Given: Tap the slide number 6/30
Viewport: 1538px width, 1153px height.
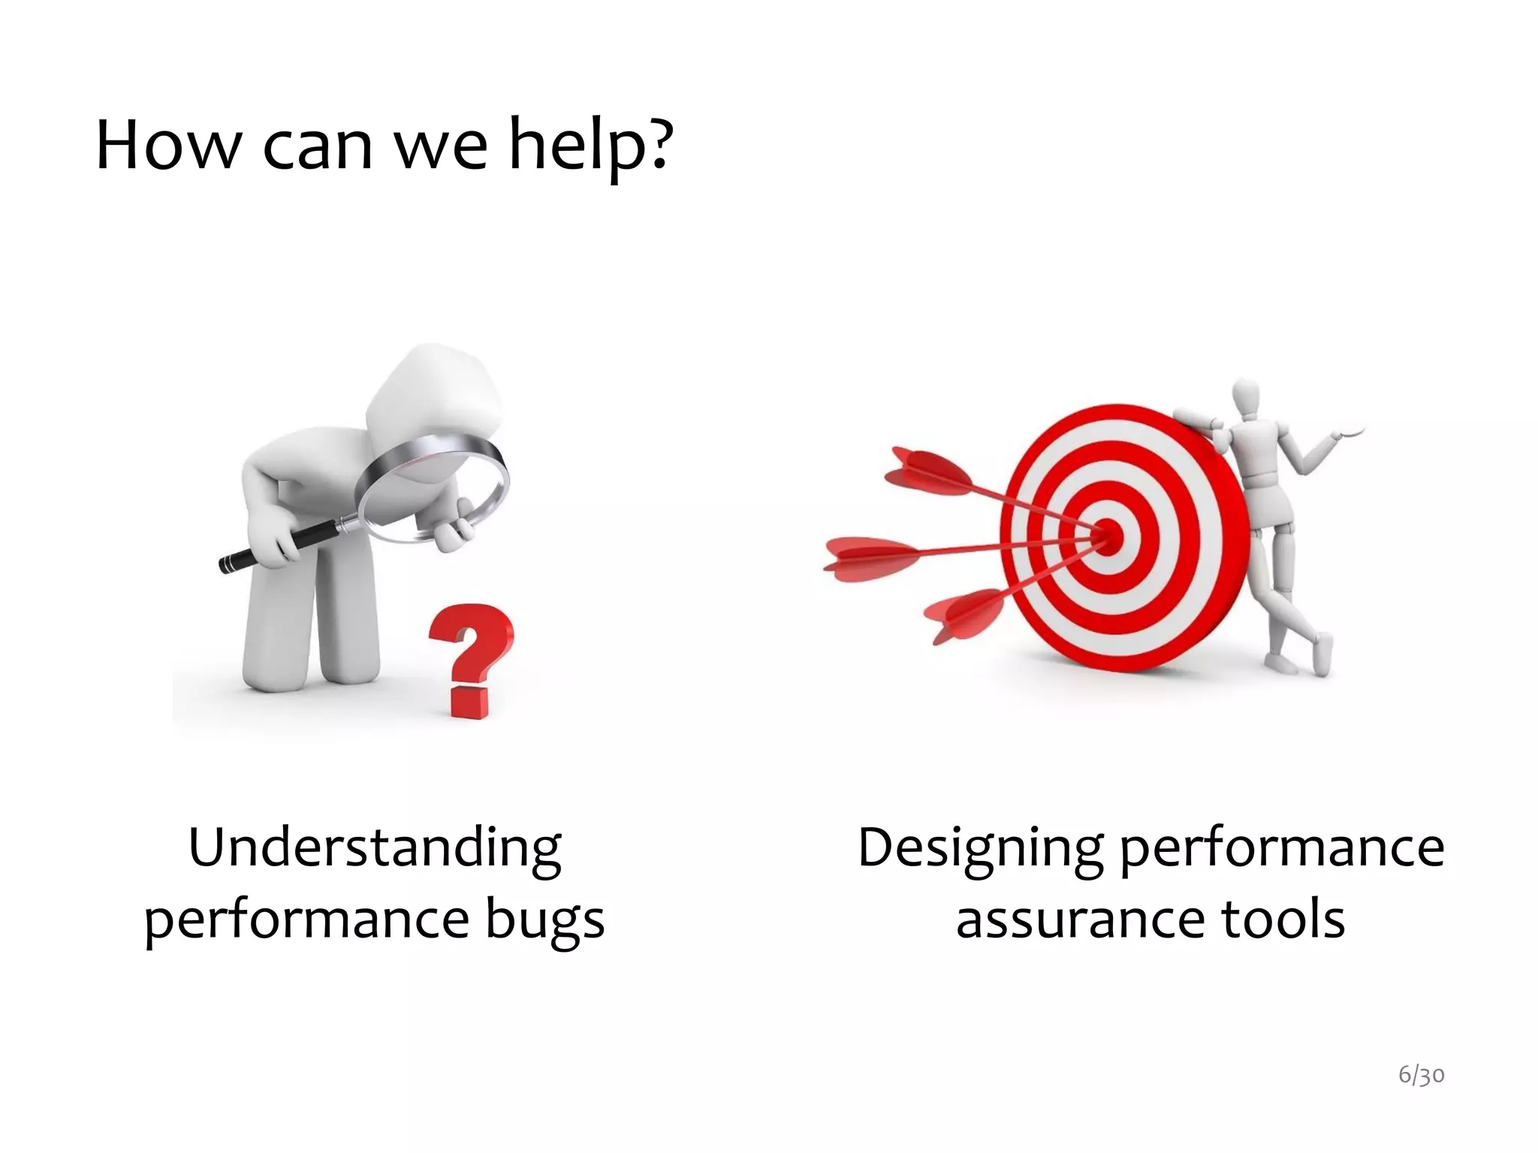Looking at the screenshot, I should tap(1421, 1075).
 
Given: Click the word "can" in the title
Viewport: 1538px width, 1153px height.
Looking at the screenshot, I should tap(317, 146).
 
